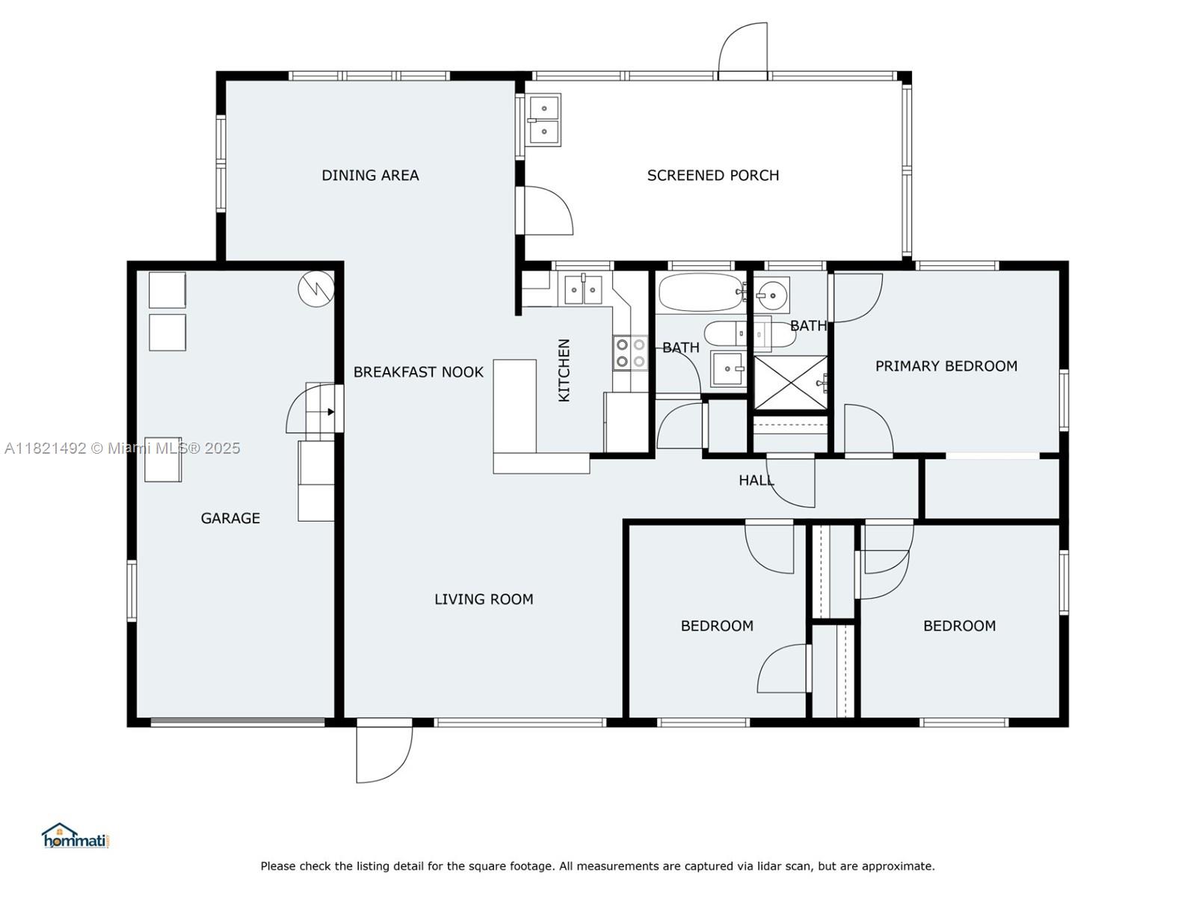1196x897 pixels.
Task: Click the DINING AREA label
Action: coord(370,176)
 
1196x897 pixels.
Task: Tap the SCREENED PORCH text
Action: coord(712,176)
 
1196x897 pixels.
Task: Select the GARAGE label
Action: coord(230,518)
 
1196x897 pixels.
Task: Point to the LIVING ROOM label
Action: coord(484,599)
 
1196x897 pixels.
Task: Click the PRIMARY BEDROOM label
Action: coord(946,366)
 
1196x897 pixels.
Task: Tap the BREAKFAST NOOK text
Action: coord(418,372)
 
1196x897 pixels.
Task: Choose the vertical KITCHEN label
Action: coord(564,370)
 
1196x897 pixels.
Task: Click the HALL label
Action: coord(756,480)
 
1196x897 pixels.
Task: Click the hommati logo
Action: coord(75,836)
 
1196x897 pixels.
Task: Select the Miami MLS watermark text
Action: coord(122,449)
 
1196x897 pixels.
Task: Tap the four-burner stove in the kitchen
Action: coord(630,353)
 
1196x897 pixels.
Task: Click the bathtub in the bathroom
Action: coord(701,292)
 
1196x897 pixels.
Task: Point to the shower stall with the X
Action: coord(790,382)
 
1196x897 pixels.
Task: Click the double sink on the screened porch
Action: coord(543,120)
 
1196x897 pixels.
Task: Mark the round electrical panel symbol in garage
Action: coord(316,289)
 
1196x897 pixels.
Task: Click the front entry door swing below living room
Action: coord(383,754)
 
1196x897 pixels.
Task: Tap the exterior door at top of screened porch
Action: coord(743,51)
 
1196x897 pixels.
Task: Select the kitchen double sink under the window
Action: coord(583,290)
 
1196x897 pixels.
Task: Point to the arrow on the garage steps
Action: coord(330,412)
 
